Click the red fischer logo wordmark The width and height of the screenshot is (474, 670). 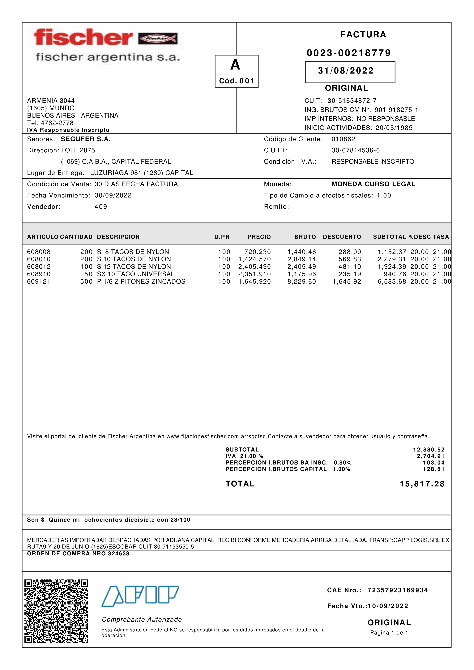pyautogui.click(x=83, y=37)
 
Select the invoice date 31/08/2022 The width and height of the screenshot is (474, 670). pyautogui.click(x=346, y=71)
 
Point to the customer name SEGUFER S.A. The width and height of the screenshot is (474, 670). pyautogui.click(x=86, y=139)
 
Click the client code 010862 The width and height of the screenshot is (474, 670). pyautogui.click(x=343, y=139)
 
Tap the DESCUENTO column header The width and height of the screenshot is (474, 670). pyautogui.click(x=342, y=237)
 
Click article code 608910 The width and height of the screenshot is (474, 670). pyautogui.click(x=39, y=274)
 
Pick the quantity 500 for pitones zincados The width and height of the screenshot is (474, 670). pyautogui.click(x=86, y=282)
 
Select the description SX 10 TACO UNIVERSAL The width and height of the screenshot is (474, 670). pyautogui.click(x=136, y=274)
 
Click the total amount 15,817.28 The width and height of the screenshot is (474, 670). pyautogui.click(x=422, y=484)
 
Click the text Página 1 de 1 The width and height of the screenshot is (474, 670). pyautogui.click(x=389, y=633)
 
